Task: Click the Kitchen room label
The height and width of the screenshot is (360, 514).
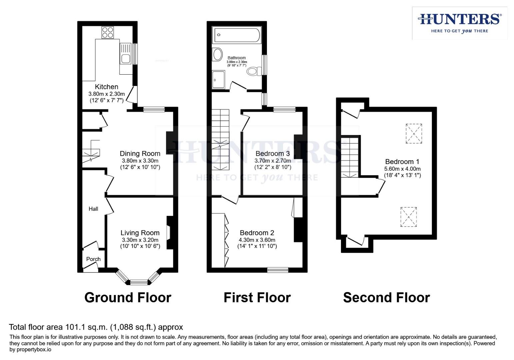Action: point(106,87)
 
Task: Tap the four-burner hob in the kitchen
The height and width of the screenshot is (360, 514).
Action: point(108,33)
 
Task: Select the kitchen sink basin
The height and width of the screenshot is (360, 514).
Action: point(126,59)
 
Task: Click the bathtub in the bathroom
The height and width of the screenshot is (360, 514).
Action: point(237,35)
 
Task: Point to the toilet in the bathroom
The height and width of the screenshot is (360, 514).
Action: point(254,71)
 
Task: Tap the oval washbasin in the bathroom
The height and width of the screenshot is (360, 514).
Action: point(217,55)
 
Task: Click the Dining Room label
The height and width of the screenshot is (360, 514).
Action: point(140,153)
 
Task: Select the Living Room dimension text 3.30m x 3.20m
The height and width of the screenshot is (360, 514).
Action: point(140,240)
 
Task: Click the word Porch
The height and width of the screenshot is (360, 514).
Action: point(93,259)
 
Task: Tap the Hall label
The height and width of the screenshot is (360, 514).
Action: point(93,209)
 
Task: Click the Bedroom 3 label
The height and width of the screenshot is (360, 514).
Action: point(273,153)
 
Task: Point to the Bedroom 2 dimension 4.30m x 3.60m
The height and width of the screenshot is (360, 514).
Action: point(257,240)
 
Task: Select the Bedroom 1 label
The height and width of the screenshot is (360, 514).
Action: point(402,162)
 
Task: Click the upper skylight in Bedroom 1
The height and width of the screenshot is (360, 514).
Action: point(414,134)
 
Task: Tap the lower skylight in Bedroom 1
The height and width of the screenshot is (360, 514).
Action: point(408,217)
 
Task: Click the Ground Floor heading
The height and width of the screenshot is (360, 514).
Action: point(128,298)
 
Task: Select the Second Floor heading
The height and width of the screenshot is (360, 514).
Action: point(386,298)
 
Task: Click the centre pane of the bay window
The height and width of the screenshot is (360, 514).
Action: point(139,282)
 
